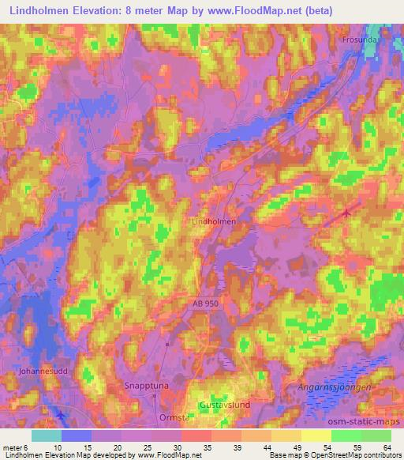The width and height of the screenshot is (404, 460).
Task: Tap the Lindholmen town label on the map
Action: (214, 222)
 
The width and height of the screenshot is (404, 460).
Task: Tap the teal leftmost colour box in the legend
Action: (47, 435)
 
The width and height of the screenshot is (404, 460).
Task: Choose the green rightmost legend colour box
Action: (376, 435)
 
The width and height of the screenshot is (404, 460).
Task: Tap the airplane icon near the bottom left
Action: (62, 414)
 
